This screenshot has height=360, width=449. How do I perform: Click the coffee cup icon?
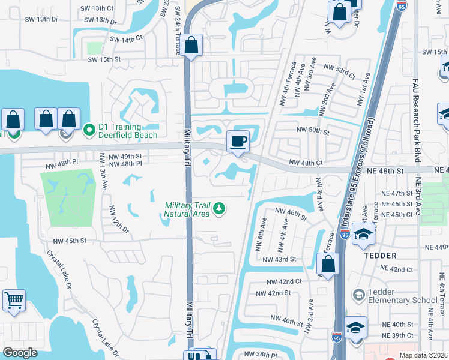238,142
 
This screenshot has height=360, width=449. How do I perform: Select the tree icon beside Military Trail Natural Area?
220,208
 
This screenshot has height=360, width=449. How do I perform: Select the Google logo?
20,353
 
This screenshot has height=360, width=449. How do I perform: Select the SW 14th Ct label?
126,38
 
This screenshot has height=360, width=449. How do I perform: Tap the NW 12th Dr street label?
118,220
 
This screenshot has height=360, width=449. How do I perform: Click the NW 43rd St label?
280,259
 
